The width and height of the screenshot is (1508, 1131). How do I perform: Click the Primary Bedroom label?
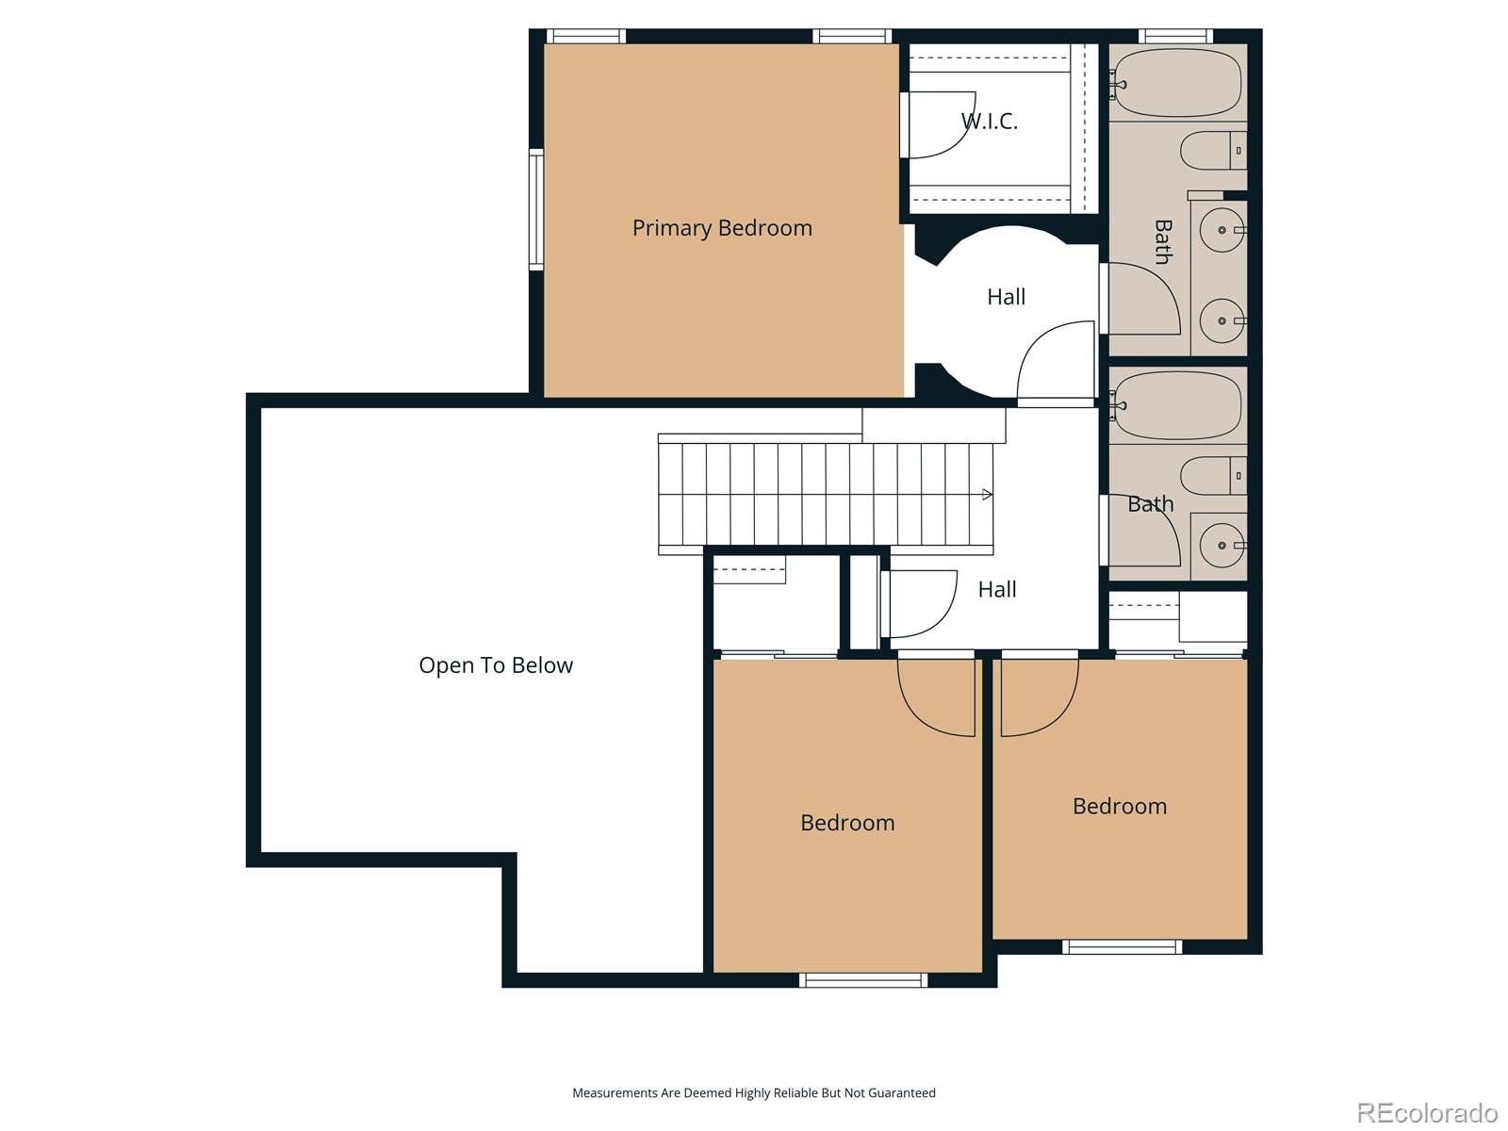click(x=722, y=228)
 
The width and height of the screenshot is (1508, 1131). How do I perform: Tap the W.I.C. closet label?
click(x=990, y=121)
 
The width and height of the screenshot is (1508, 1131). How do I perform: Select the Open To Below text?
click(x=496, y=665)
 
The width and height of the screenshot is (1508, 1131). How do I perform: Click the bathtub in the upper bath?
click(x=1178, y=83)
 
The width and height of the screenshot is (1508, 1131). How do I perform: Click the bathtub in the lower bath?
click(x=1178, y=405)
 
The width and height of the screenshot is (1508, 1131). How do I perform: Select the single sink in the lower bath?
click(x=1222, y=546)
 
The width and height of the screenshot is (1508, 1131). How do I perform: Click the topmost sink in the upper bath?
click(x=1222, y=230)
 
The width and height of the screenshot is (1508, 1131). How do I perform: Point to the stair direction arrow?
click(x=987, y=495)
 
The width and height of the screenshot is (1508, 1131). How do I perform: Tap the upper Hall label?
click(x=1006, y=297)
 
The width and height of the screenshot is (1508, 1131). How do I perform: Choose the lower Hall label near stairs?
click(x=996, y=590)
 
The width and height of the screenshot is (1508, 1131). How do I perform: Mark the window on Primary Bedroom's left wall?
click(x=536, y=209)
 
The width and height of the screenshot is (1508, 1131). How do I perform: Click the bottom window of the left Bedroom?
click(x=863, y=980)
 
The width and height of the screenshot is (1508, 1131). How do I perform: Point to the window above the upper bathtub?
click(x=1174, y=36)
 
